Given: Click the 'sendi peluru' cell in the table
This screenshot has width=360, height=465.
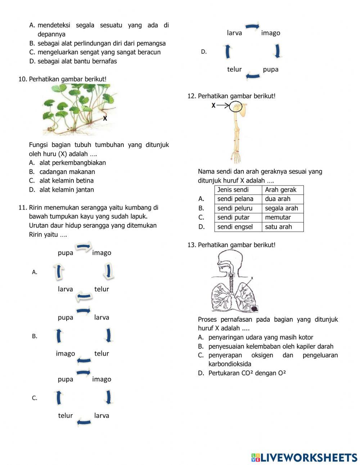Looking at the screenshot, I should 235,208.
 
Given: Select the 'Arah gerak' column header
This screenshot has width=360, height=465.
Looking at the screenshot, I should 280,190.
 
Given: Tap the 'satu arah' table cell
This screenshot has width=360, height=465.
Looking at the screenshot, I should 278,227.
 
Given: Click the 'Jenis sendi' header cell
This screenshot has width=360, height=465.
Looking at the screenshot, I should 233,190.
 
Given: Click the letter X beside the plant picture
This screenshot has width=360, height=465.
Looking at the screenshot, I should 105,118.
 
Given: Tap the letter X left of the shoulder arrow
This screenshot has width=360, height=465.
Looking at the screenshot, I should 213,106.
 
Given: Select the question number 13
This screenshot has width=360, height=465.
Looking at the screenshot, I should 191,245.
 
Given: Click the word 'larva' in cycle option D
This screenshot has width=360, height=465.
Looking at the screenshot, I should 234,33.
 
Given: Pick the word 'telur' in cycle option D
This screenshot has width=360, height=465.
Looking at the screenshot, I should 234,69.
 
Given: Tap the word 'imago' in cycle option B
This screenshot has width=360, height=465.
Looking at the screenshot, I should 66,353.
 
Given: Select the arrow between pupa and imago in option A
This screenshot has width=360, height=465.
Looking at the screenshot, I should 84,247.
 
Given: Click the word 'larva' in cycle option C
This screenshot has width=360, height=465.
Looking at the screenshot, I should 102,415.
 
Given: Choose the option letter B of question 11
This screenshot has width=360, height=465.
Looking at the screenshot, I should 35,336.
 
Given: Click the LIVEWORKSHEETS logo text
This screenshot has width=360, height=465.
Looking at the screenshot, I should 309,457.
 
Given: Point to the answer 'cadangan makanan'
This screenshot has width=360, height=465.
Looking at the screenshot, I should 67,172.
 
